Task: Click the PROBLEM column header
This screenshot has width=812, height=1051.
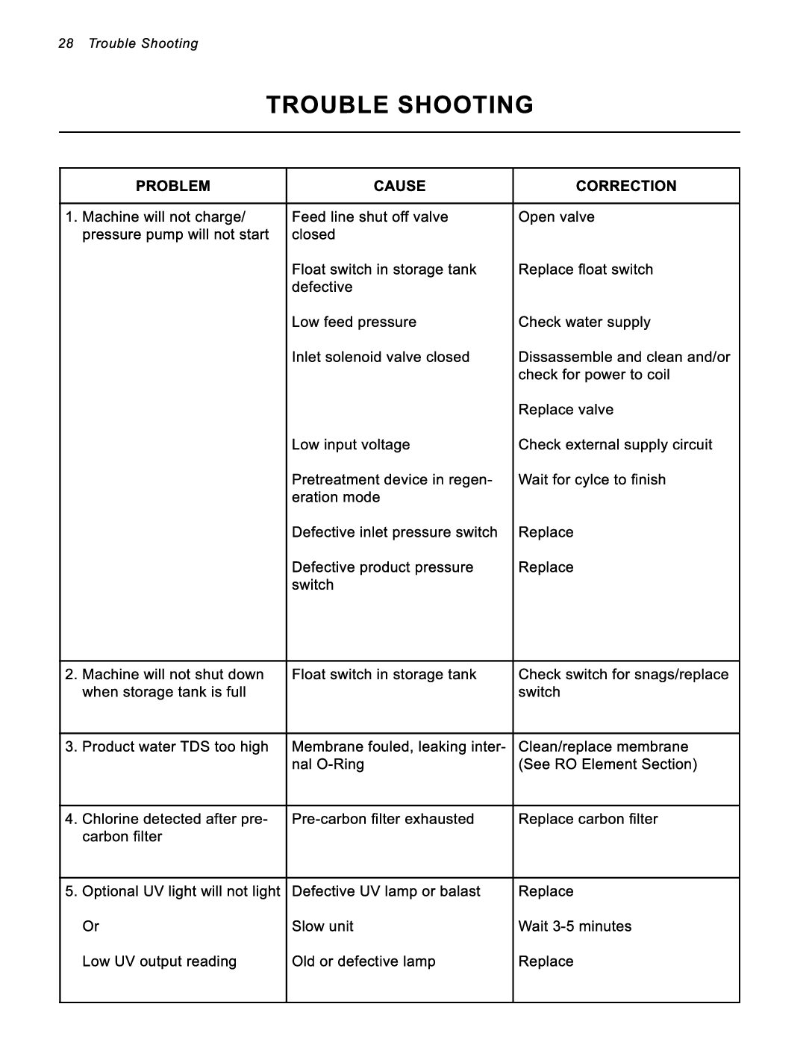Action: tap(173, 186)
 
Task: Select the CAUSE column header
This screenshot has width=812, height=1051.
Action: tap(399, 186)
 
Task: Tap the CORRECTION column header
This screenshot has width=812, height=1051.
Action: tap(626, 186)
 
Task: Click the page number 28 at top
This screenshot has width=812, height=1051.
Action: tap(66, 43)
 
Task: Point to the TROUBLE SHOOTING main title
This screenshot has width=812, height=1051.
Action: tap(400, 105)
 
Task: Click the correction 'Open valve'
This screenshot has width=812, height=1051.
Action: tap(557, 217)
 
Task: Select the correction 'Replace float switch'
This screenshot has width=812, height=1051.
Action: tap(586, 269)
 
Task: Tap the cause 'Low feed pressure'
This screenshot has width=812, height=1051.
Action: tap(354, 322)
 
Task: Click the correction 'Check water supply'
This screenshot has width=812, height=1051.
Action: tap(584, 322)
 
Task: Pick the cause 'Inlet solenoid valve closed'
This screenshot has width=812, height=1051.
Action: tap(381, 357)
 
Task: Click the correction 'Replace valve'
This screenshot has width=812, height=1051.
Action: tap(566, 410)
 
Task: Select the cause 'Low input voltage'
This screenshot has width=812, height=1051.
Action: tap(351, 445)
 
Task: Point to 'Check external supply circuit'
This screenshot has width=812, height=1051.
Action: tap(616, 445)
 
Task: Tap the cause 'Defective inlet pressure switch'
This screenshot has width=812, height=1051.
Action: tap(394, 532)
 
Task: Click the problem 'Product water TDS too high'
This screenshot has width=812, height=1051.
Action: tap(175, 747)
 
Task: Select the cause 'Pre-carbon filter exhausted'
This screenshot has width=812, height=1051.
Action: tap(383, 819)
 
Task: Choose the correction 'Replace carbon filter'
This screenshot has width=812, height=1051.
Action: tap(588, 819)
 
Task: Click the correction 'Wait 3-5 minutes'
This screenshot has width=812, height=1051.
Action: tap(575, 926)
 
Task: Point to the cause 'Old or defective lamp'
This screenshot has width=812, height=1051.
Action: tap(363, 961)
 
